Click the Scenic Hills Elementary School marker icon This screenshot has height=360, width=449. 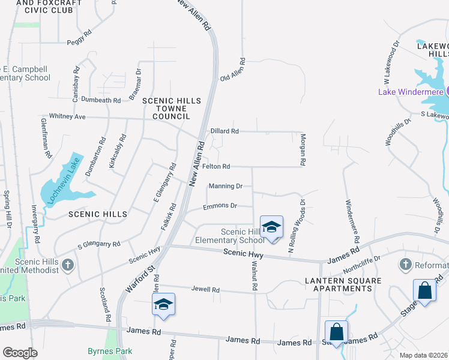pyautogui.click(x=272, y=227)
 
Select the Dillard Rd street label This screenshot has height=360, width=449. pyautogui.click(x=224, y=131)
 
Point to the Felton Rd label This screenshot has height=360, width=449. pyautogui.click(x=216, y=166)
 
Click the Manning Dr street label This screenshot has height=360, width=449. pyautogui.click(x=225, y=186)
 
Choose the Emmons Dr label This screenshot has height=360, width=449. pyautogui.click(x=220, y=206)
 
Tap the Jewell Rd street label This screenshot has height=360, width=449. pyautogui.click(x=205, y=289)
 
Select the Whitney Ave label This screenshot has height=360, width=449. pyautogui.click(x=67, y=116)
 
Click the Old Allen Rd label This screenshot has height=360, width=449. pyautogui.click(x=234, y=70)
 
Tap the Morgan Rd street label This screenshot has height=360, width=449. pyautogui.click(x=303, y=150)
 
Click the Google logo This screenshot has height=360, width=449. pyautogui.click(x=20, y=353)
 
